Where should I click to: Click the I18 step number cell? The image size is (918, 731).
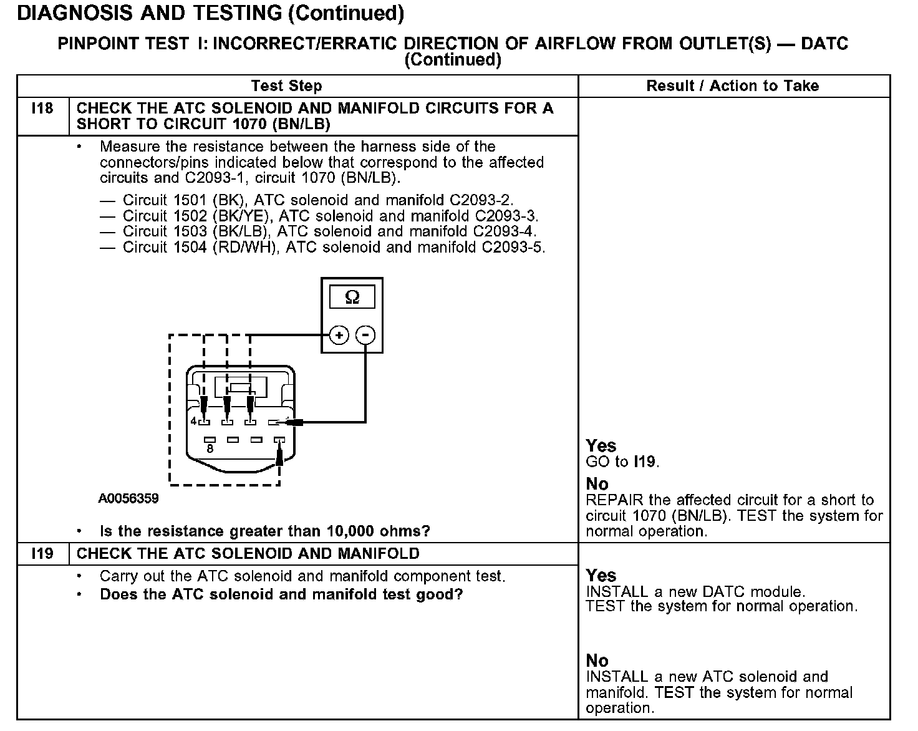coord(42,109)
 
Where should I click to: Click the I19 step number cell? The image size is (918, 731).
coord(42,554)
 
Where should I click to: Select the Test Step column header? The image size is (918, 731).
coord(286,86)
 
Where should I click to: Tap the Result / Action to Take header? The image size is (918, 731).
coord(733,86)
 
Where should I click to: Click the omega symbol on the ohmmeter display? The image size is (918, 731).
coord(352,298)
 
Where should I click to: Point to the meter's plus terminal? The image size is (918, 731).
coord(339,336)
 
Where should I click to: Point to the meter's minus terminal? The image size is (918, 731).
coord(365,336)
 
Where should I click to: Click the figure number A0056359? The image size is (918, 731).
coord(128,498)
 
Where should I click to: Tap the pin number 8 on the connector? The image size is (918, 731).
coord(210,448)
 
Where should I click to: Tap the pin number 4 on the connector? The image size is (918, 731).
coord(193,422)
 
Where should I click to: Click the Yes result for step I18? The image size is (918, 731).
coord(601,446)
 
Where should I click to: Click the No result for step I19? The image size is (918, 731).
coord(597,661)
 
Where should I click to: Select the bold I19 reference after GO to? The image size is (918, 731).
coord(645,462)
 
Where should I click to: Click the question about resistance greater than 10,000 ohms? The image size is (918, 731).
coord(265,531)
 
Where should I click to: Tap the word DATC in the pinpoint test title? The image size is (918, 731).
coord(824,44)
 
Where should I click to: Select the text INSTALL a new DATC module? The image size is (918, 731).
coord(696,591)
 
